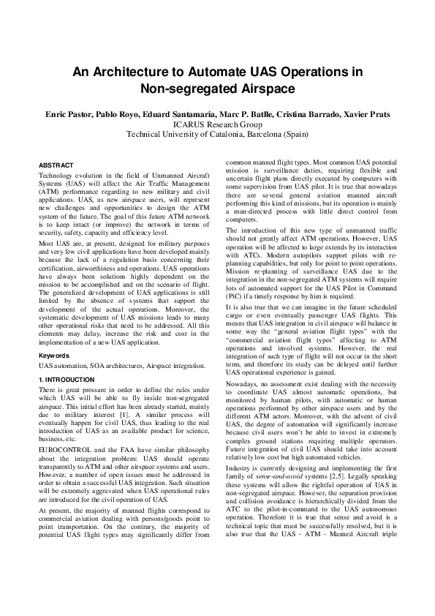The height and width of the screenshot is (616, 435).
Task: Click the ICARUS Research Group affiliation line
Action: click(217, 124)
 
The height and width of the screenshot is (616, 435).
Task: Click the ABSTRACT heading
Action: click(55, 166)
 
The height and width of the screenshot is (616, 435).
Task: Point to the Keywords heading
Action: click(54, 355)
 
